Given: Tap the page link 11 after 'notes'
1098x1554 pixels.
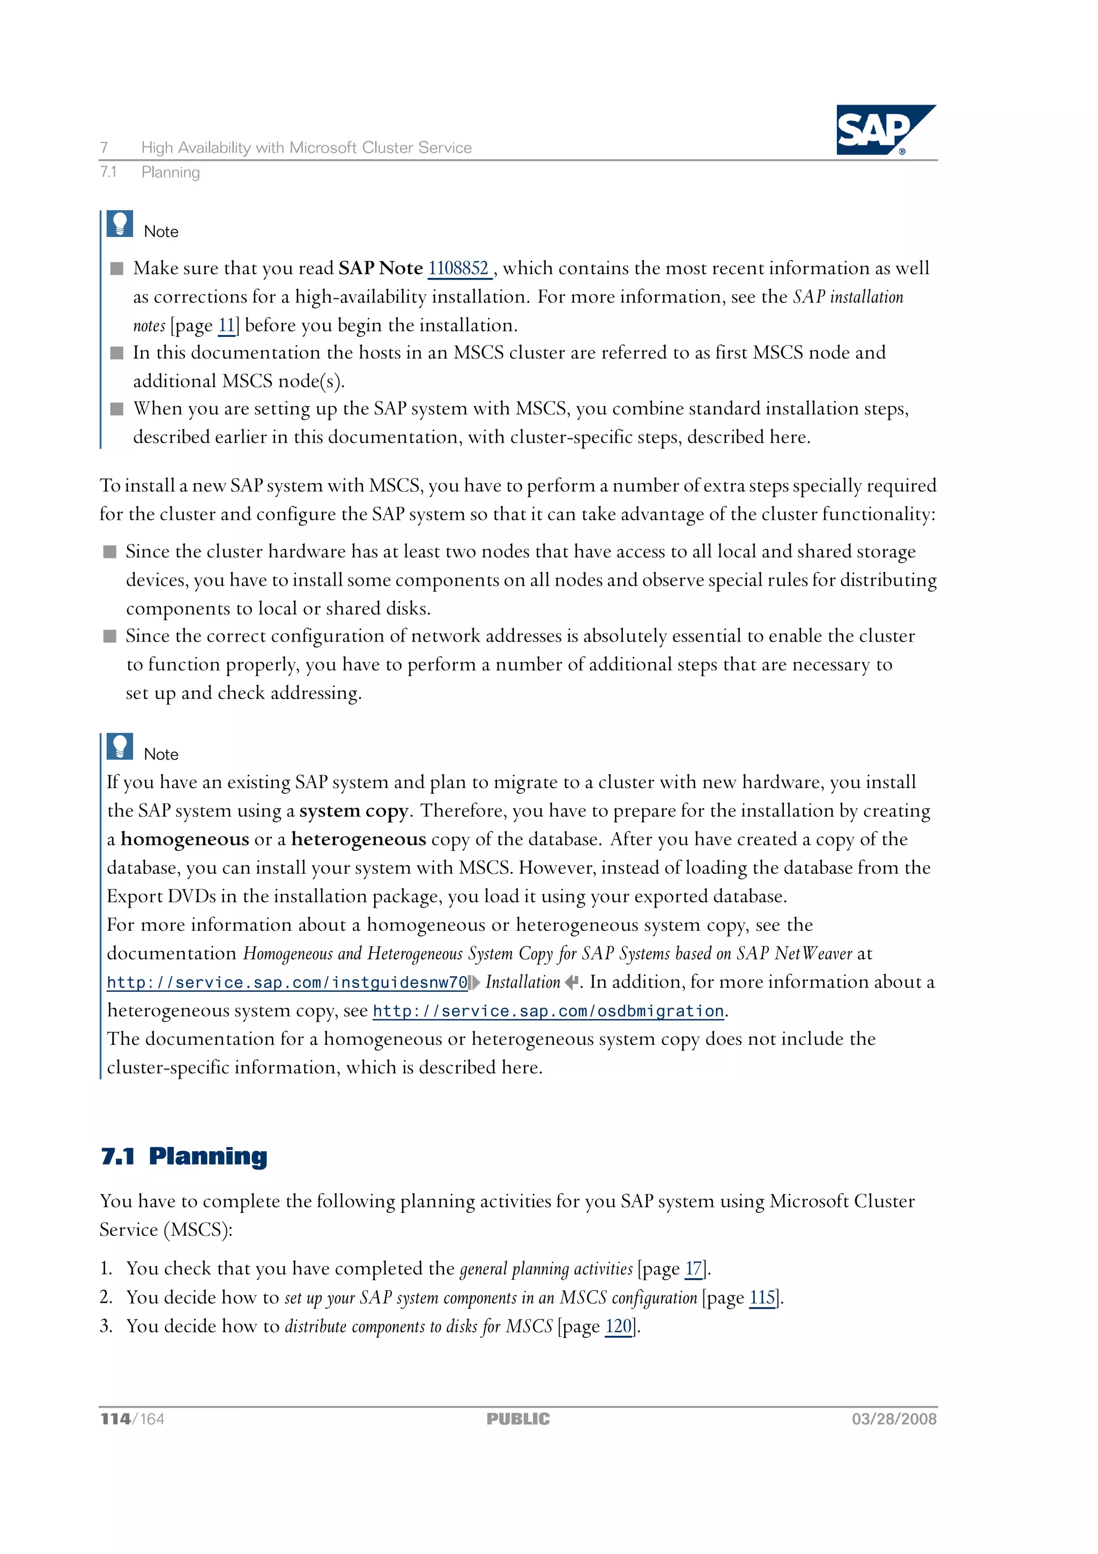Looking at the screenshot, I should tap(226, 326).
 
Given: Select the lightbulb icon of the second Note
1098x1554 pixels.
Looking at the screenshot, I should tap(120, 747).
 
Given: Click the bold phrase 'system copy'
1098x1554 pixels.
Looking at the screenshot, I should tap(353, 811).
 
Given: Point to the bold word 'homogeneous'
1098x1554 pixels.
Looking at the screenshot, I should tap(184, 839).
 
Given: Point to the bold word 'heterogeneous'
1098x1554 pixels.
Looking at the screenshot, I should tap(359, 839).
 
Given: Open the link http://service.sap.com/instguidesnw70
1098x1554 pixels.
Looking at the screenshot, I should tap(287, 982).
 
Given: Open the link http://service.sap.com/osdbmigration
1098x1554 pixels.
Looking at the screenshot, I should tap(548, 1011).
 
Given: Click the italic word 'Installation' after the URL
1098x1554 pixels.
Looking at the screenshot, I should tap(522, 982).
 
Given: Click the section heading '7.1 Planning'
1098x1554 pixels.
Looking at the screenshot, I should tap(184, 1156).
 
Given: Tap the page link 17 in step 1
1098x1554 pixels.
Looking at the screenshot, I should tap(693, 1269).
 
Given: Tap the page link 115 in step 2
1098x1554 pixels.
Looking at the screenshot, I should tap(762, 1298).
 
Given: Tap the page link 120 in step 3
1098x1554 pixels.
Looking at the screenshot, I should tap(618, 1326).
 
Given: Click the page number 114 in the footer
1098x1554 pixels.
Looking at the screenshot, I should tap(116, 1419).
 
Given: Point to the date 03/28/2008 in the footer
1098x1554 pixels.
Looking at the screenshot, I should tap(894, 1419).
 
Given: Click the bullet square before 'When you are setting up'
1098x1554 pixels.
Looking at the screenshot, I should tap(117, 409).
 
